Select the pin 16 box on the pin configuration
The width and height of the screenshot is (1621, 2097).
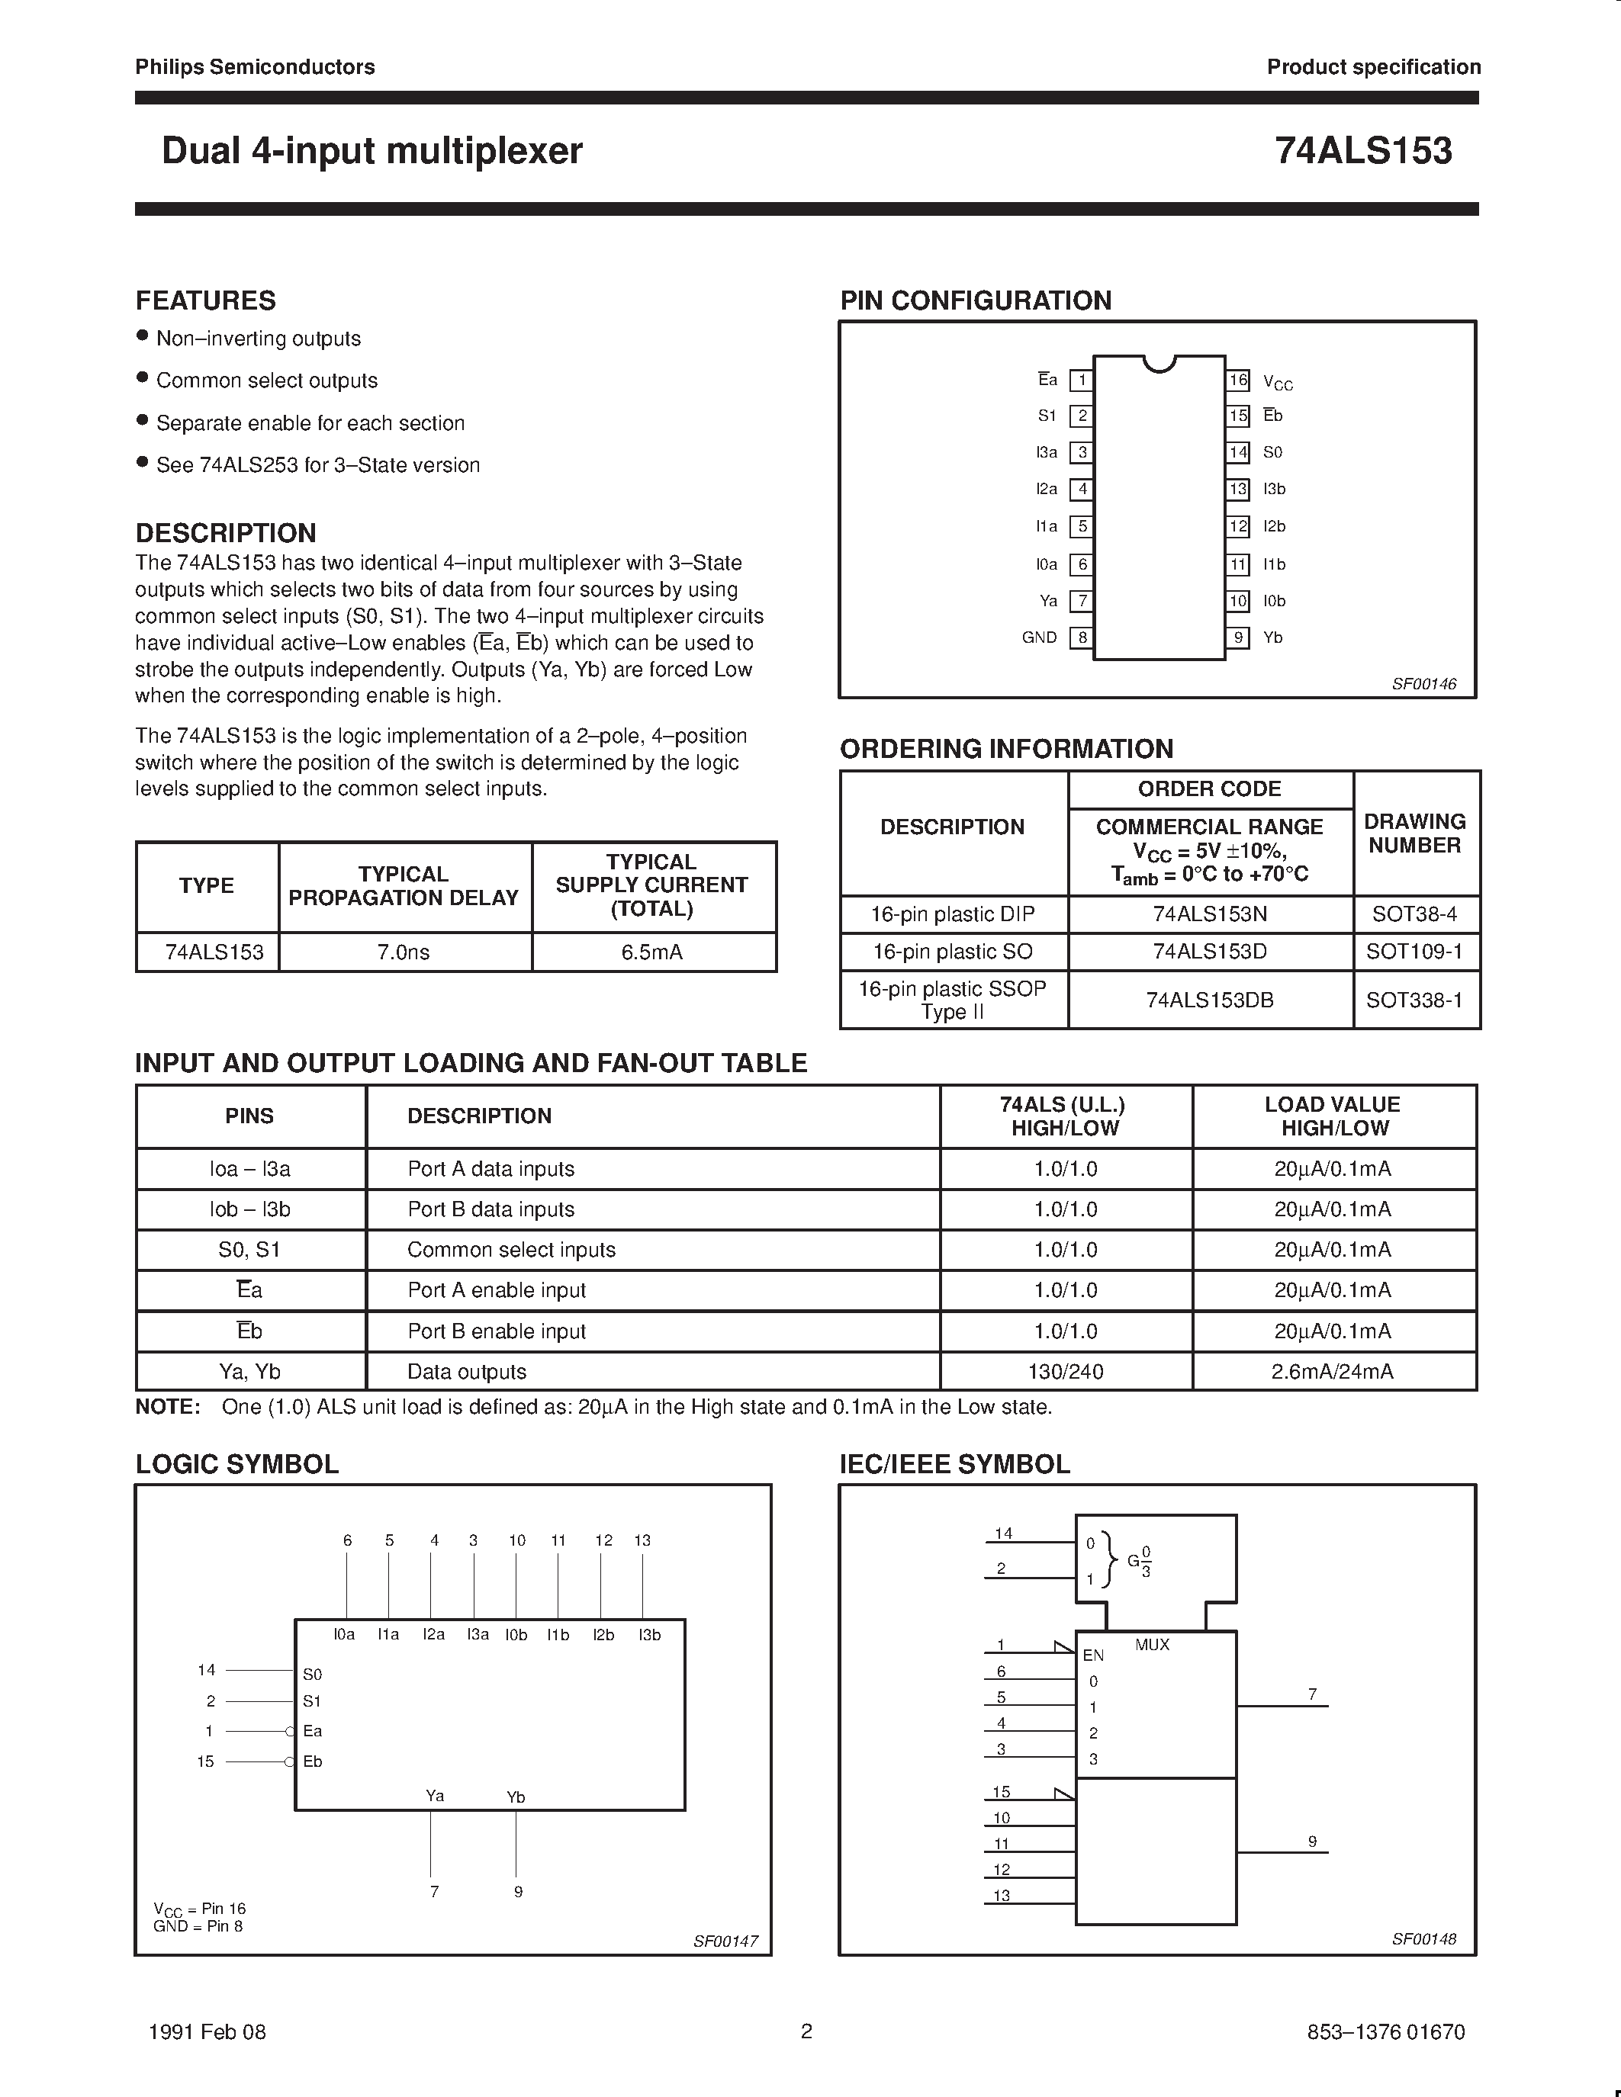point(1238,381)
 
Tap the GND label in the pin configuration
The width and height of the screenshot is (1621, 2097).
point(1039,637)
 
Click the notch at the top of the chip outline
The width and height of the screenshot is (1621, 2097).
point(1159,363)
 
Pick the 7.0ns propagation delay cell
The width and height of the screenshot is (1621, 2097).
point(404,952)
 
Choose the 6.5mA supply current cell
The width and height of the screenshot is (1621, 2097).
point(652,952)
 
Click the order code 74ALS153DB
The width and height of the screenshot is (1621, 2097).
point(1209,1000)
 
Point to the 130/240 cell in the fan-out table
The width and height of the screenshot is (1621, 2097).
point(1065,1372)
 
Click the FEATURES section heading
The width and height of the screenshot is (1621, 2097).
point(205,300)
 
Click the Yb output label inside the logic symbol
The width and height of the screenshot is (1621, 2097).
point(516,1797)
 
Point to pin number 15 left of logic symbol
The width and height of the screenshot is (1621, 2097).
point(205,1762)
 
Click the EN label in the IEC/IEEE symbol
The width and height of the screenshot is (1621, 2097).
point(1093,1655)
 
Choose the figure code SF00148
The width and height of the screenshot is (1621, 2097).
point(1423,1939)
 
